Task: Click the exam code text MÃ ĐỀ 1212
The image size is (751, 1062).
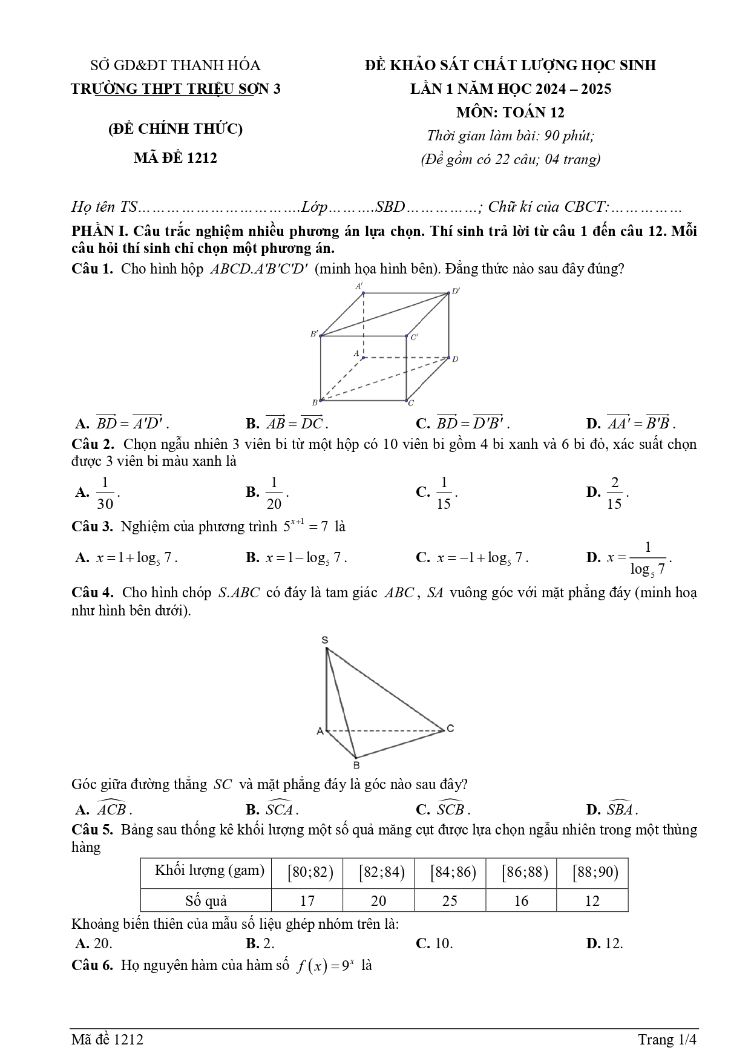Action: coord(175,158)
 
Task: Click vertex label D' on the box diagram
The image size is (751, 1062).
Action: coord(456,291)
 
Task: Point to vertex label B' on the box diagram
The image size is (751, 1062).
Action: coord(314,333)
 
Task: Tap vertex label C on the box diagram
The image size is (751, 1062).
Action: coord(411,403)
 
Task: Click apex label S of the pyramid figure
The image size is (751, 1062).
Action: coord(325,640)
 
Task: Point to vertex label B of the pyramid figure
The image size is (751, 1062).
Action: coord(356,765)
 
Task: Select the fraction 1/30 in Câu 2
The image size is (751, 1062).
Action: coord(105,493)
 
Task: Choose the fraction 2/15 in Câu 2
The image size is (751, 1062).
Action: coord(614,493)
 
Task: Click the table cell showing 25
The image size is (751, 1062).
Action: coord(450,900)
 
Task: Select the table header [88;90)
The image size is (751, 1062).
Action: coord(592,872)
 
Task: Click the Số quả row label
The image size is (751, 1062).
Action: coord(206,900)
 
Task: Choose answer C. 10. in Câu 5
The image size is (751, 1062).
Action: coord(435,943)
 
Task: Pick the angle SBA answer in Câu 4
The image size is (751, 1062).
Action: coord(620,808)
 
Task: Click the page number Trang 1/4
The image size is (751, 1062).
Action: coord(667,1040)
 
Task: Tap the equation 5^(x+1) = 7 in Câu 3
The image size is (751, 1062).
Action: coord(306,526)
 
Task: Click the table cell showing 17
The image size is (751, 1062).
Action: coord(307,900)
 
